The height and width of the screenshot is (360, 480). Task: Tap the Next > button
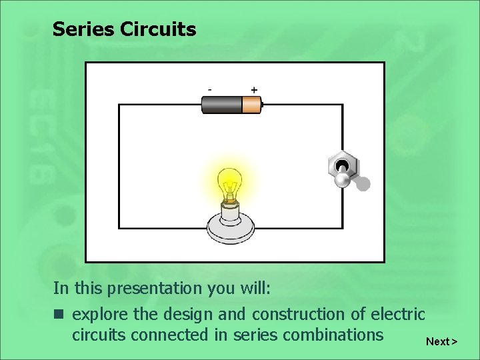click(441, 341)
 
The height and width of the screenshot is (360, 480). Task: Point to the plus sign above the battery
click(254, 89)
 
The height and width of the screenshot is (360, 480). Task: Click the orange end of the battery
click(251, 104)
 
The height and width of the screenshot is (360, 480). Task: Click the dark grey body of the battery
click(222, 104)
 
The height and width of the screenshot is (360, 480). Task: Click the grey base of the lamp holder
click(229, 227)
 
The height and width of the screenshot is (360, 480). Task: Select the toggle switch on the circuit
click(344, 170)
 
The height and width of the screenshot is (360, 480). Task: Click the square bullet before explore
click(59, 314)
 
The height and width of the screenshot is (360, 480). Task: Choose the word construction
click(293, 314)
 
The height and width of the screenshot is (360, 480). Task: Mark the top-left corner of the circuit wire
click(119, 105)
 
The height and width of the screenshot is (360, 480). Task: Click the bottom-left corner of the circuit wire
click(119, 228)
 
